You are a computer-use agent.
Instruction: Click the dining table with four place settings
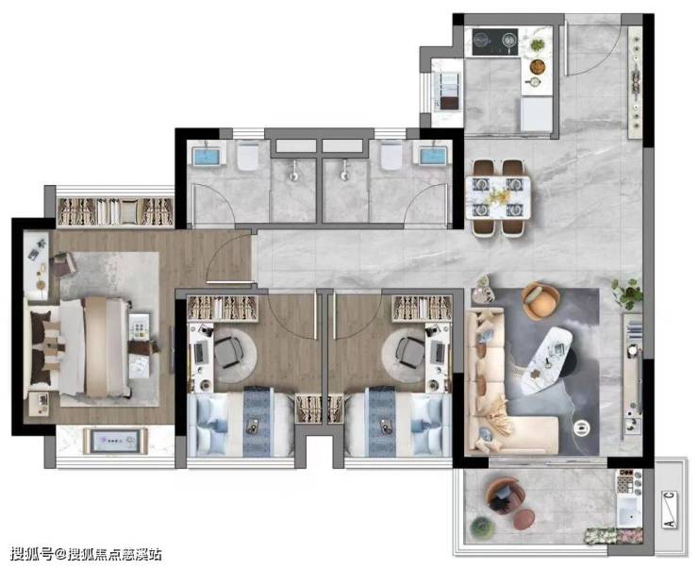(498, 197)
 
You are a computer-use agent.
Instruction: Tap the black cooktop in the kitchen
(495, 42)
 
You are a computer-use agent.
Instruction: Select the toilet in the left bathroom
(248, 156)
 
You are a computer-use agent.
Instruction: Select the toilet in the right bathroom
(391, 156)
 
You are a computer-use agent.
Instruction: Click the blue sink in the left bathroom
(207, 157)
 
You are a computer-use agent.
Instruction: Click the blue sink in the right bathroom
(433, 157)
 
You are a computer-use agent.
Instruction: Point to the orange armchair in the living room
(540, 301)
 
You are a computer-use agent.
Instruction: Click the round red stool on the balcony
(523, 520)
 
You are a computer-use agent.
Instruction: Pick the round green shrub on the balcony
(483, 528)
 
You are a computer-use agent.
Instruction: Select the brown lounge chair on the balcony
(504, 496)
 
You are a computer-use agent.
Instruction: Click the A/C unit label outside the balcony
(670, 510)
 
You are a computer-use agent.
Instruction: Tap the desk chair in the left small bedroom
(230, 352)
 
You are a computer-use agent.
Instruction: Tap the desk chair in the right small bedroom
(409, 352)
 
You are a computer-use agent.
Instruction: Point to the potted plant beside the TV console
(627, 293)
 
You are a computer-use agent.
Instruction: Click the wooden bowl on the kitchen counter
(538, 66)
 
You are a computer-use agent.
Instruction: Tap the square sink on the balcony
(628, 510)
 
